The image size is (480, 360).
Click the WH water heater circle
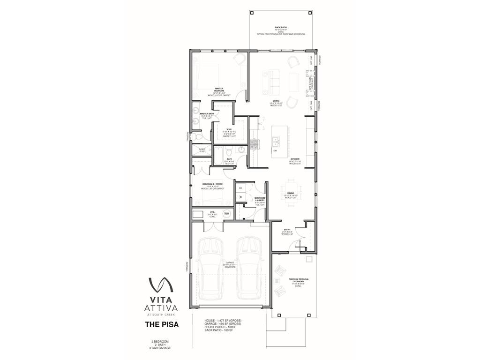(227, 214)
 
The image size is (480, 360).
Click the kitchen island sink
(276, 141)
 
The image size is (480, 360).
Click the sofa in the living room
(271, 82)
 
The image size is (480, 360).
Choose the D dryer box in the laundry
(240, 187)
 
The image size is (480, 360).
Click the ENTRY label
(287, 231)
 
